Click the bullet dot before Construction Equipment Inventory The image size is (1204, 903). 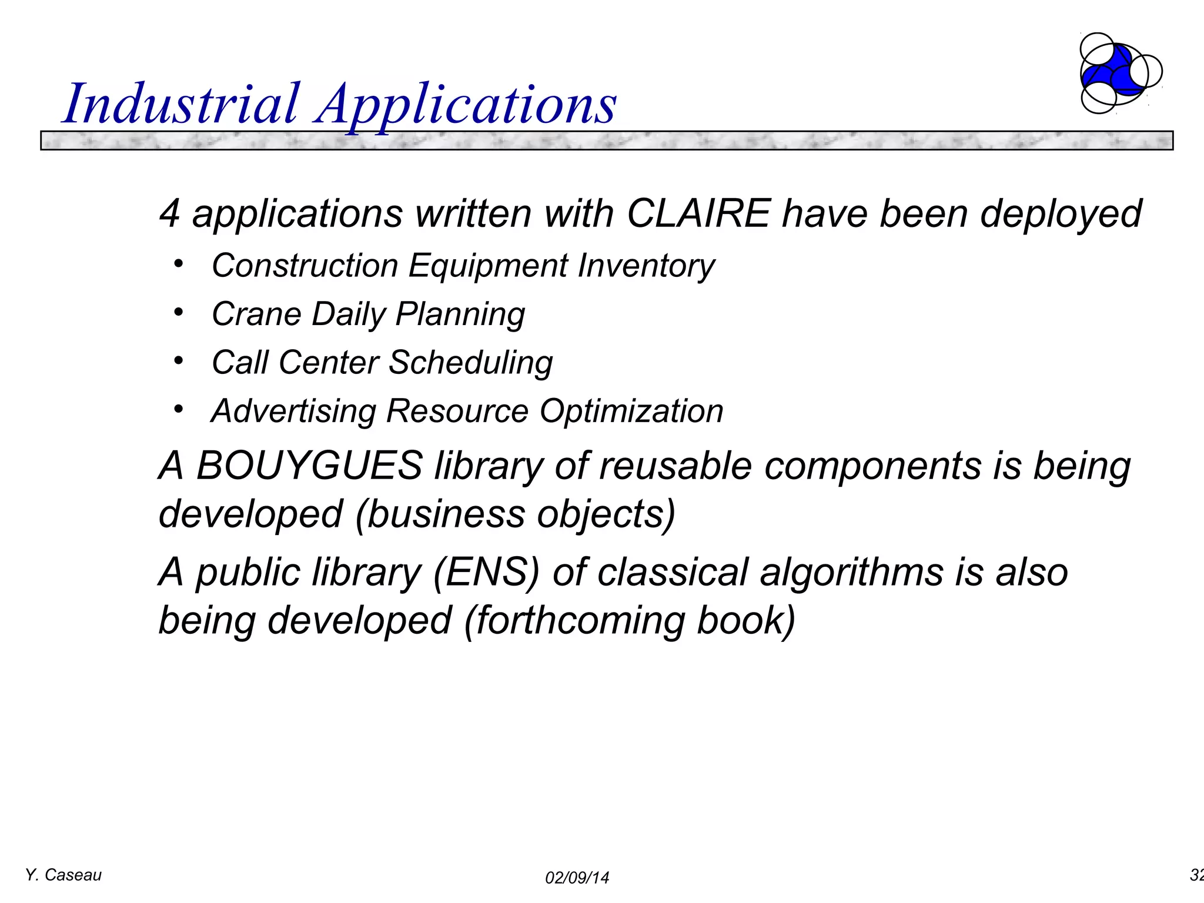179,263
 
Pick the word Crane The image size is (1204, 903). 256,314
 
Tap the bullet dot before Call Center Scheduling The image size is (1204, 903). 179,360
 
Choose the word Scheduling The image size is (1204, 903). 470,363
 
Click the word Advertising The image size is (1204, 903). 293,411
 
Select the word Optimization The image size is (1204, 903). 631,411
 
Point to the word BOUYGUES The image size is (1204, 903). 309,466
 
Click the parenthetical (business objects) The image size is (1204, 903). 516,514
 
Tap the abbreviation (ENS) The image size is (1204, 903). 486,572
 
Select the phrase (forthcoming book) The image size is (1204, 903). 630,621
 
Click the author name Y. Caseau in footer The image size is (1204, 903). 63,875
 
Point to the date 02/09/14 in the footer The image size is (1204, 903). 577,878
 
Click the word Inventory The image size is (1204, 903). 646,266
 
